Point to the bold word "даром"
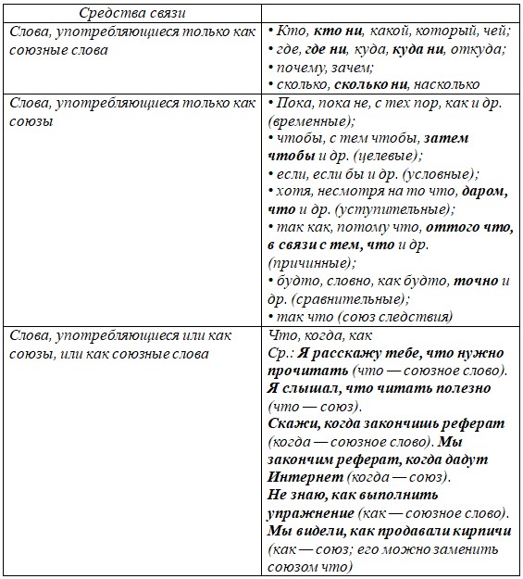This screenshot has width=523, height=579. point(482,192)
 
